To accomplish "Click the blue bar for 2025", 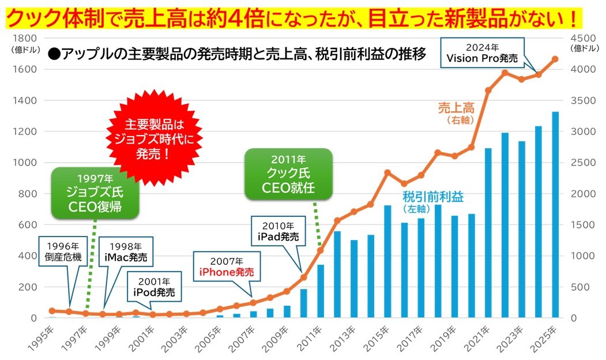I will [x=555, y=215].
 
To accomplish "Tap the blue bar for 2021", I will [x=488, y=233].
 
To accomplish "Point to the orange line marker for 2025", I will [x=555, y=59].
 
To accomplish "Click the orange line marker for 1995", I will [x=52, y=310].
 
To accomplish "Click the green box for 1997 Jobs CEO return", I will [x=95, y=193].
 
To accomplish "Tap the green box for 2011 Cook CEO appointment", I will [x=288, y=174].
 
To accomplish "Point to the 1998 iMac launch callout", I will [x=125, y=251].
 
